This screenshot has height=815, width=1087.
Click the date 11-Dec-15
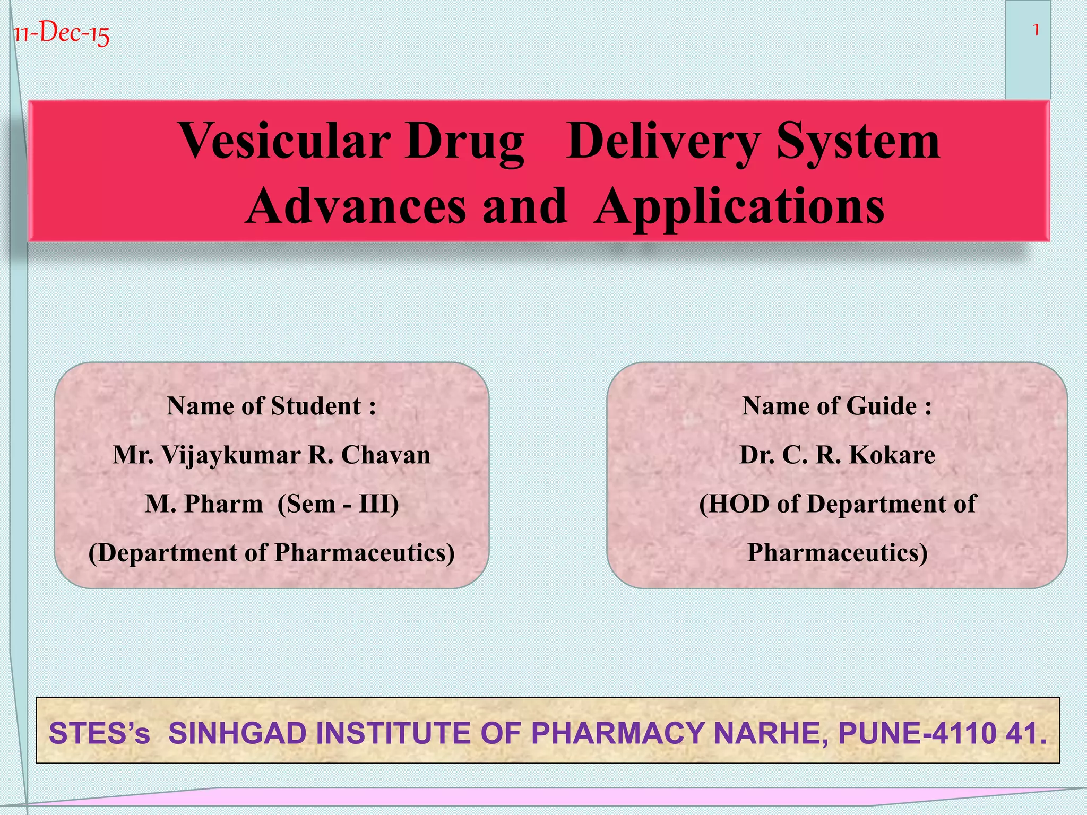pyautogui.click(x=61, y=34)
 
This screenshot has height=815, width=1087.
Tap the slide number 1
pyautogui.click(x=1035, y=30)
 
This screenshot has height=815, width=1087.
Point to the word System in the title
pyautogui.click(x=857, y=141)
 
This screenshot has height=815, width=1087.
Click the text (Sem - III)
pyautogui.click(x=338, y=504)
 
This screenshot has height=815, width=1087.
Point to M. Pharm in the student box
pyautogui.click(x=204, y=504)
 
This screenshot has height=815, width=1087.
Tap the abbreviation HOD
pyautogui.click(x=739, y=504)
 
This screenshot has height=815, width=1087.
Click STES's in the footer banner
pyautogui.click(x=99, y=733)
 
